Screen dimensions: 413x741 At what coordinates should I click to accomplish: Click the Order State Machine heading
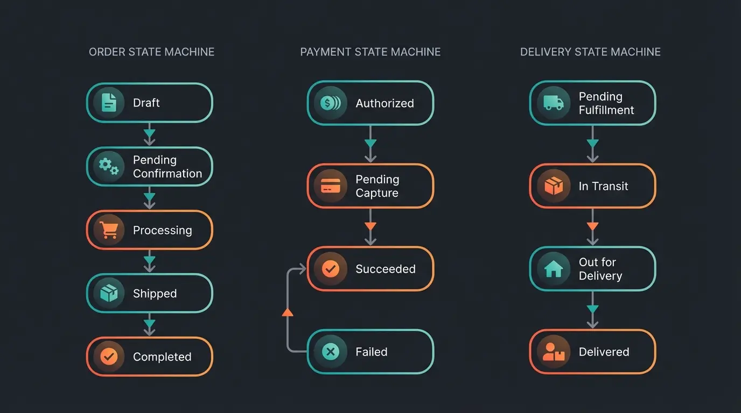click(151, 52)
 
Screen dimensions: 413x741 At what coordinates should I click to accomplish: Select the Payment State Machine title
click(370, 52)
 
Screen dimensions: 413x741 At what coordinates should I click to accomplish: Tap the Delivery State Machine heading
click(590, 52)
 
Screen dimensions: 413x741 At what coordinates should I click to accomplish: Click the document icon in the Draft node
click(109, 102)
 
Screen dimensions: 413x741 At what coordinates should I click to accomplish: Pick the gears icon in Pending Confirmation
click(109, 166)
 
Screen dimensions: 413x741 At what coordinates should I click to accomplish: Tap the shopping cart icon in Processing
click(109, 230)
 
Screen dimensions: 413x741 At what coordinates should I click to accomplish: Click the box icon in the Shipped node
click(109, 293)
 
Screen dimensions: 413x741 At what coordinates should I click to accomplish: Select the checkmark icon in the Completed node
click(109, 357)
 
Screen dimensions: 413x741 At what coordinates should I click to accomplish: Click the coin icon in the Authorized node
click(330, 103)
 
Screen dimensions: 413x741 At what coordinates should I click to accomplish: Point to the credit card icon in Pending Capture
click(330, 186)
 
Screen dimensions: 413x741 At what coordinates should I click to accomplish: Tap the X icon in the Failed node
click(330, 352)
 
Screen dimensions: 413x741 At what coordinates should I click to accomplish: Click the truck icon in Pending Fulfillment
click(553, 103)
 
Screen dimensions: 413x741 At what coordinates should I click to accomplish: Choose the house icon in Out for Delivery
click(553, 269)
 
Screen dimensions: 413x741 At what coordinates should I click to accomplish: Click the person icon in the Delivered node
click(553, 352)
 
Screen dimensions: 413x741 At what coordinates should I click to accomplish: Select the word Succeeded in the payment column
click(386, 269)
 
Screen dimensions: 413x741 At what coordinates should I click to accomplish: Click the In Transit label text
click(603, 186)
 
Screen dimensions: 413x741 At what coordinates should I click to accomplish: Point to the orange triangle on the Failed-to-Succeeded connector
click(288, 312)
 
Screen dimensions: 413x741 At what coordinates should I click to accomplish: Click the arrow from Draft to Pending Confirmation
click(150, 134)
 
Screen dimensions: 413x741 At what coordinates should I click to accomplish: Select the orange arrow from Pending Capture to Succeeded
click(370, 227)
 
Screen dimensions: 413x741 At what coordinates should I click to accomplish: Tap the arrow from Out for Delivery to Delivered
click(592, 310)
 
